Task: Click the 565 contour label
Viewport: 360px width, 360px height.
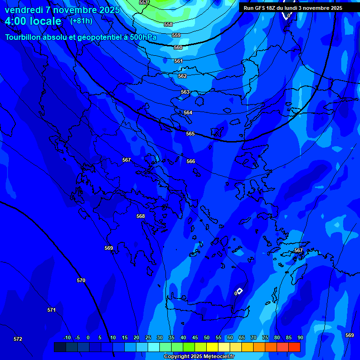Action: pos(190,134)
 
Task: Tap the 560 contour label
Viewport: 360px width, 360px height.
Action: pos(178,47)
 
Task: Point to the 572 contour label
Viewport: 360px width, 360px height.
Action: pos(18,339)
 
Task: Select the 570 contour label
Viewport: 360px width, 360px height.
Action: pos(81,280)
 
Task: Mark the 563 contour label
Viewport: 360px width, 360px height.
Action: pos(185,92)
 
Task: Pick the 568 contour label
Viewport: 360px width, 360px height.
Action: pos(141,216)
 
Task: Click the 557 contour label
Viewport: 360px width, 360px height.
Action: pos(143,2)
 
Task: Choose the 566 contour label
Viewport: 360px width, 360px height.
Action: pos(191,161)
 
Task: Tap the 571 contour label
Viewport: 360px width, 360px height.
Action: pos(52,310)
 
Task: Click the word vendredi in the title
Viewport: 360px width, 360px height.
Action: pos(24,10)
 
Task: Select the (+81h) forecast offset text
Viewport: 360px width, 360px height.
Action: pos(81,21)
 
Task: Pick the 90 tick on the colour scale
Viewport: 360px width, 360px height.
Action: pos(300,337)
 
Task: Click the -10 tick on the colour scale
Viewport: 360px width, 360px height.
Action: pos(67,337)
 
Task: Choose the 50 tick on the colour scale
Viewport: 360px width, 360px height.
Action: pos(207,337)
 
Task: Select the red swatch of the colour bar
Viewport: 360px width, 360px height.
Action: pos(294,347)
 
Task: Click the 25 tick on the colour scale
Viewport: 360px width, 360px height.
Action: pos(148,337)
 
